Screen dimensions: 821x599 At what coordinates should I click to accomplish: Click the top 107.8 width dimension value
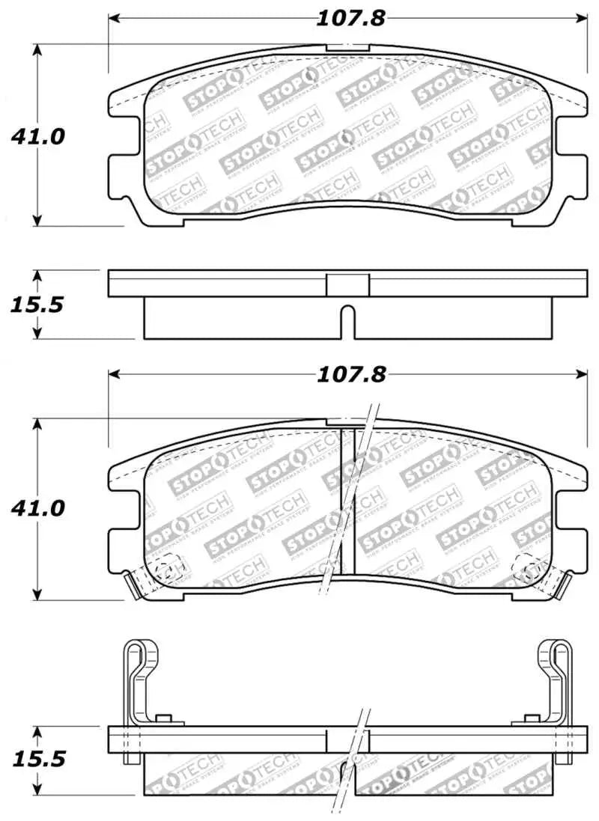click(x=350, y=18)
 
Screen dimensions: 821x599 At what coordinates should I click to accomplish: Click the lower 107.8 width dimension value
click(x=350, y=374)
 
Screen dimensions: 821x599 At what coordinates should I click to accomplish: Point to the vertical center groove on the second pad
click(x=347, y=509)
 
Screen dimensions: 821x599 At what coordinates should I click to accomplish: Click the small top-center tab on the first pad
click(x=348, y=48)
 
